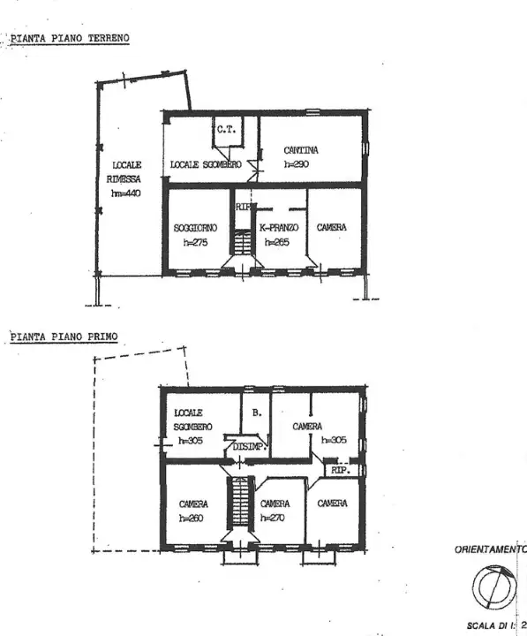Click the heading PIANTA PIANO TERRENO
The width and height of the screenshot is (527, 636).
pyautogui.click(x=70, y=39)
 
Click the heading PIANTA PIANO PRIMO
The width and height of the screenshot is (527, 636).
pyautogui.click(x=64, y=336)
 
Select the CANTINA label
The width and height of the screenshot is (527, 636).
pyautogui.click(x=301, y=150)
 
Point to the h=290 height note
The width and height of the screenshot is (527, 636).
pyautogui.click(x=297, y=163)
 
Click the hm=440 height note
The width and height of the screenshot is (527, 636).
pyautogui.click(x=124, y=193)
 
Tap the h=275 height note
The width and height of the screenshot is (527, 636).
pyautogui.click(x=195, y=243)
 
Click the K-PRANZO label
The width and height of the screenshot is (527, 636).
pyautogui.click(x=279, y=227)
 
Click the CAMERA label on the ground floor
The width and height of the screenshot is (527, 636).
pyautogui.click(x=332, y=227)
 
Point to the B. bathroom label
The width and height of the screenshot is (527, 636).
pyautogui.click(x=256, y=412)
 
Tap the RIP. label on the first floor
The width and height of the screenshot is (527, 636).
pyautogui.click(x=340, y=472)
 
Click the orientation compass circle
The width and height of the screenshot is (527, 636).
pyautogui.click(x=491, y=586)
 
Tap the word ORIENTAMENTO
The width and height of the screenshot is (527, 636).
pyautogui.click(x=490, y=549)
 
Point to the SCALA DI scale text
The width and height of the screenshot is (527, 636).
pyautogui.click(x=492, y=624)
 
